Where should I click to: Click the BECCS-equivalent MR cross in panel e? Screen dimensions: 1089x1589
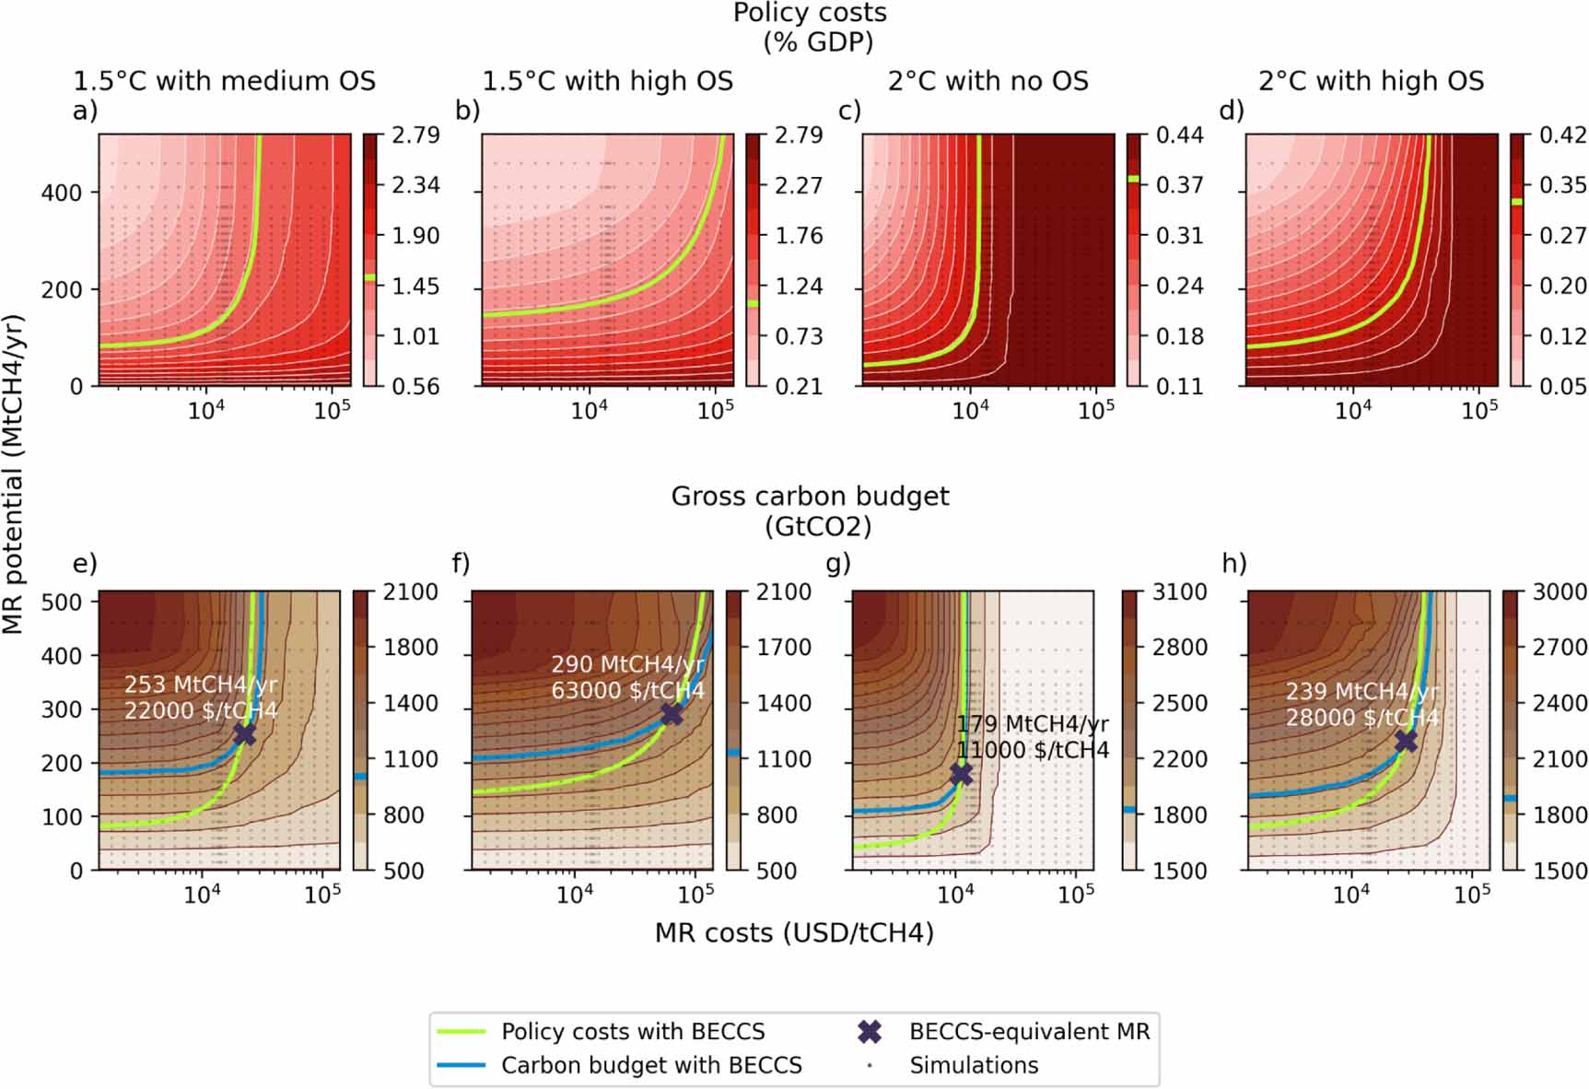coord(244,733)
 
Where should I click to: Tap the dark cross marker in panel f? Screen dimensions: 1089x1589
coord(672,713)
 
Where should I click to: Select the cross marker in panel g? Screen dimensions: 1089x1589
coord(961,774)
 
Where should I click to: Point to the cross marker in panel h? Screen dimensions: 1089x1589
coord(1406,741)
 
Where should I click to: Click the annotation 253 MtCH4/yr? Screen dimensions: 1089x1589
coord(200,685)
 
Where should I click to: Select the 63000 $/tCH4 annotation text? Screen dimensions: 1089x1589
coord(627,690)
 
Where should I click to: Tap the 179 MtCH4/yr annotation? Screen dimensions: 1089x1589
coord(1032,724)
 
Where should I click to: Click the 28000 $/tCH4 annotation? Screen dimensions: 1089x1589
coord(1361,717)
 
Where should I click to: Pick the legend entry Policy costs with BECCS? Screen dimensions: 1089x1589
coord(632,1031)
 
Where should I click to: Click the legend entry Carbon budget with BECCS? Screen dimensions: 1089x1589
coord(650,1065)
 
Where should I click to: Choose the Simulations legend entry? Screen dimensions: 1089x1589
coord(973,1065)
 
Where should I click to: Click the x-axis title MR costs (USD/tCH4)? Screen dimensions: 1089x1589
coord(794,932)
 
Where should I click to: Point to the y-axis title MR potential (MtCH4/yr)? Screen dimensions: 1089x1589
coord(13,474)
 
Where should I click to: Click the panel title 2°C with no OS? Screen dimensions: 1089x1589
coord(987,81)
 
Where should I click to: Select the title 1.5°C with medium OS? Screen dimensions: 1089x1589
coord(224,81)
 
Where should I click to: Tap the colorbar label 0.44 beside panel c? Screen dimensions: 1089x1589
coord(1179,135)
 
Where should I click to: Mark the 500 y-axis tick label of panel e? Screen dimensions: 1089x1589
coord(62,602)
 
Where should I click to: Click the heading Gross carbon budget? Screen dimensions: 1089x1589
coord(809,496)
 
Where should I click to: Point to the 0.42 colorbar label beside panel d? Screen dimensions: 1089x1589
coord(1562,135)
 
